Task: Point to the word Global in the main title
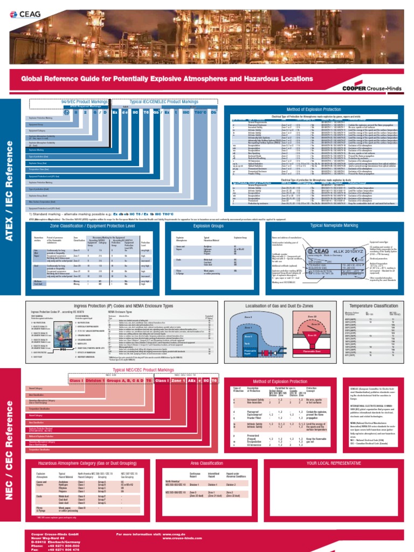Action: (x=36, y=78)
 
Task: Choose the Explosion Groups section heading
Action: (x=207, y=227)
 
